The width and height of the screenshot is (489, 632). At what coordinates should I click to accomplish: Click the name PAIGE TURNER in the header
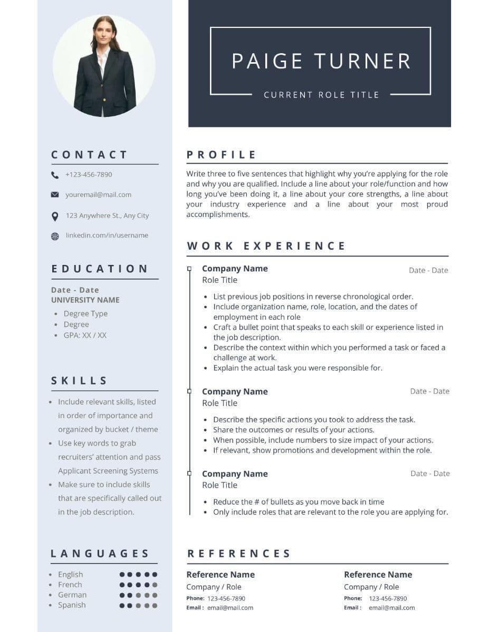click(x=321, y=61)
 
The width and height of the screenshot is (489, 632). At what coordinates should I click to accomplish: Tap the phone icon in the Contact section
click(x=55, y=175)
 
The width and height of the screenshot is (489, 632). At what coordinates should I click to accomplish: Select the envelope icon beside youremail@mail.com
click(x=55, y=195)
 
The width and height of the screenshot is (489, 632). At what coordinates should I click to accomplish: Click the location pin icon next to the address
click(x=55, y=216)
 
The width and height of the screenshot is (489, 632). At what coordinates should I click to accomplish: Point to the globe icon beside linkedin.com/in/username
click(x=55, y=236)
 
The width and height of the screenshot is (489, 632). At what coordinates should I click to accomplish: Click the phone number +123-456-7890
click(x=89, y=174)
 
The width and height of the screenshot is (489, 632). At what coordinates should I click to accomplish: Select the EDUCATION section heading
click(x=100, y=269)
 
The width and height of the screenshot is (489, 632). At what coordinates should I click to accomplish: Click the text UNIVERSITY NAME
click(x=85, y=300)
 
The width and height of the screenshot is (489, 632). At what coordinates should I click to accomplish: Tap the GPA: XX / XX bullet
click(x=85, y=335)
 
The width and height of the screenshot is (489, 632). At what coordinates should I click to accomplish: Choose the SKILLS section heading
click(x=80, y=380)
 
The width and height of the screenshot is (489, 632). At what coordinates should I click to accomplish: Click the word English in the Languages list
click(x=70, y=574)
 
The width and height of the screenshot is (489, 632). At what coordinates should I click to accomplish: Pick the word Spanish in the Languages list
click(x=72, y=605)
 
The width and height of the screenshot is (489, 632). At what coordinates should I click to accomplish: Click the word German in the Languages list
click(x=72, y=595)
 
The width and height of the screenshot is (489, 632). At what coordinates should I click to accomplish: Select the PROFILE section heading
click(x=222, y=155)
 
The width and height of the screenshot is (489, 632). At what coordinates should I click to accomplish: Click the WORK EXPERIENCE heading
click(x=266, y=246)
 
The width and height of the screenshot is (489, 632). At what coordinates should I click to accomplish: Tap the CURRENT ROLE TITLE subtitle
click(x=321, y=95)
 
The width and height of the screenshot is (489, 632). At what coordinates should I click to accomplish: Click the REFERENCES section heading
click(x=239, y=554)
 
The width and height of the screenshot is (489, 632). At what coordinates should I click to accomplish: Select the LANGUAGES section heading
click(x=100, y=554)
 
